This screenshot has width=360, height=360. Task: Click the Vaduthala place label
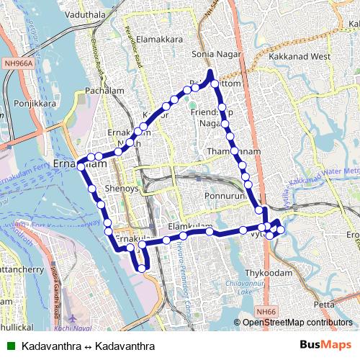click(x=84, y=14)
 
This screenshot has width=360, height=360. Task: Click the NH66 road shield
click(x=266, y=311)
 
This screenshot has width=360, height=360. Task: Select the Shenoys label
click(x=122, y=188)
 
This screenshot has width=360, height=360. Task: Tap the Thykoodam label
click(x=268, y=274)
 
